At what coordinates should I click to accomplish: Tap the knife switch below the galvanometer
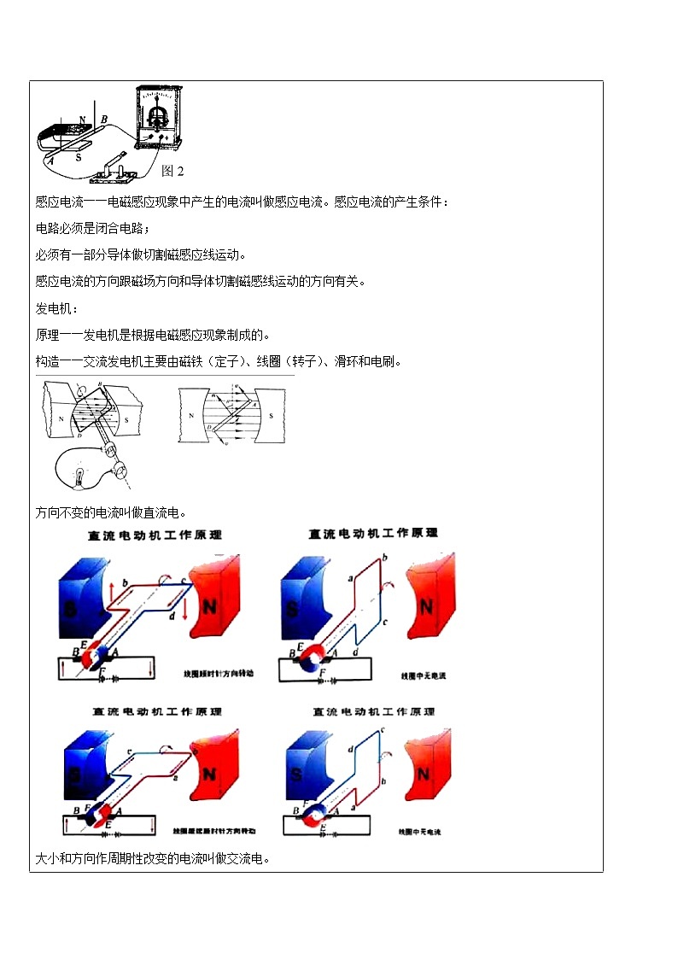pos(111,167)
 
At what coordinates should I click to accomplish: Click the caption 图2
pos(172,171)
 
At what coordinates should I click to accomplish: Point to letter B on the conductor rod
pos(104,119)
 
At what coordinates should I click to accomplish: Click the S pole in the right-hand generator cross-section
pos(271,416)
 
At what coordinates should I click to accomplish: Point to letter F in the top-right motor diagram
pos(322,673)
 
